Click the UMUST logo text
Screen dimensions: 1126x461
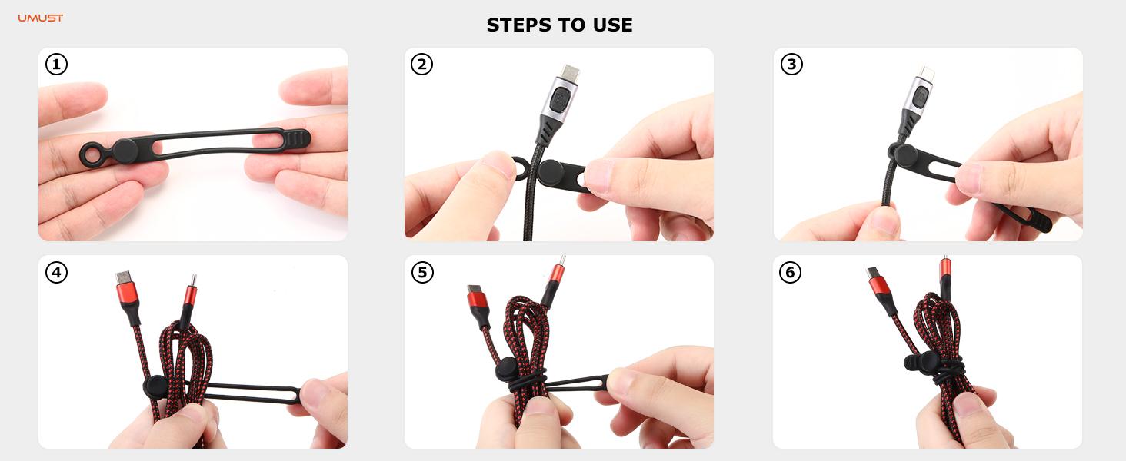pos(41,18)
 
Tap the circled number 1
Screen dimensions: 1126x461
pos(56,65)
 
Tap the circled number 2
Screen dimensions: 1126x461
pos(421,65)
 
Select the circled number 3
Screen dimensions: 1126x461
pos(791,65)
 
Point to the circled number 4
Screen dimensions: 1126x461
pos(56,272)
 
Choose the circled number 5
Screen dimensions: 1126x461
pos(421,272)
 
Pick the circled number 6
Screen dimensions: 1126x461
pos(791,272)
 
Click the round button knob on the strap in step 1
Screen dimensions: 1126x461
pos(126,151)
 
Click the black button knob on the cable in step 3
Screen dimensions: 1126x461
pos(901,151)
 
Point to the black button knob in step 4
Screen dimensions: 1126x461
pos(155,386)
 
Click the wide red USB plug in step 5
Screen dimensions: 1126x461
pos(478,298)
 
